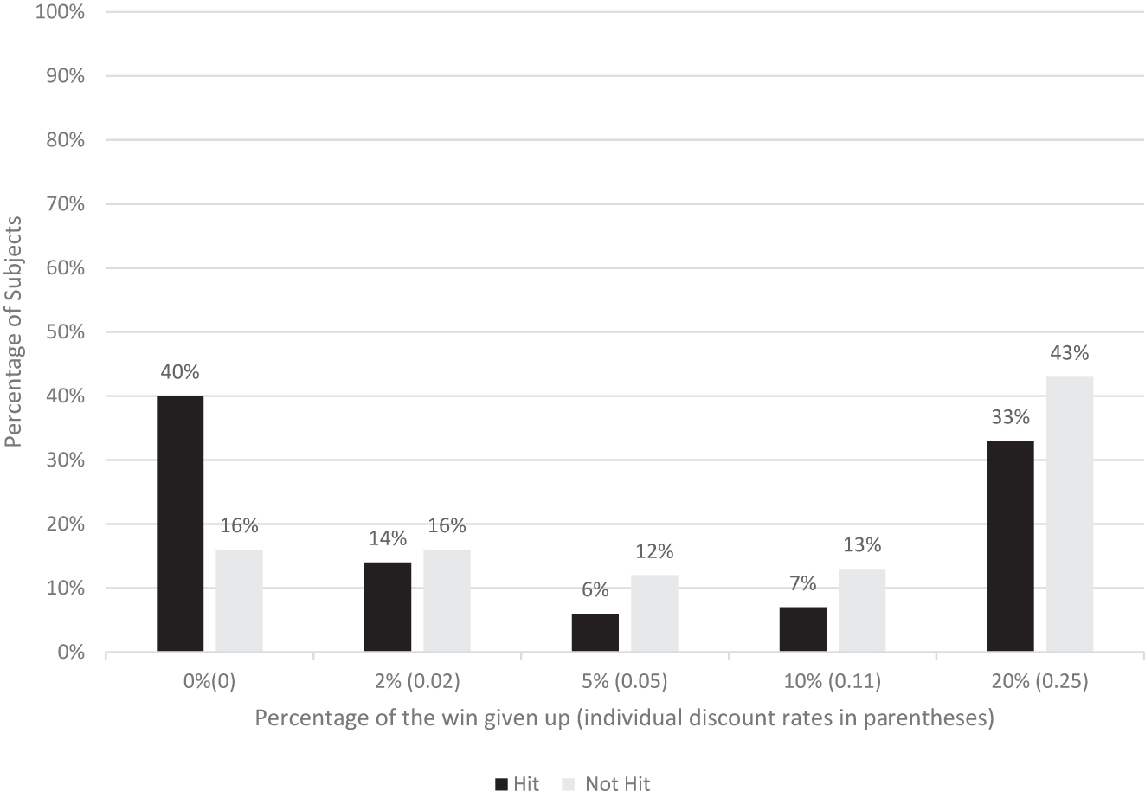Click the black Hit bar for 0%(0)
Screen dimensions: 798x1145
click(180, 524)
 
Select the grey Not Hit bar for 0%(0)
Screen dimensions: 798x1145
click(239, 601)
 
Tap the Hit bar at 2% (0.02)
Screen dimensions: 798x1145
click(388, 607)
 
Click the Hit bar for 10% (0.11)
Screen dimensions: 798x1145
click(803, 629)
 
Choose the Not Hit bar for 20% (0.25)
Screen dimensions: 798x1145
click(1070, 514)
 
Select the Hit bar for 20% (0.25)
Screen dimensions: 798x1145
click(1010, 546)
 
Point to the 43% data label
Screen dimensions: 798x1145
click(1070, 353)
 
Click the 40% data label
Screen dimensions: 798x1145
click(180, 372)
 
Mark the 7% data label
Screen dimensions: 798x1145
click(803, 583)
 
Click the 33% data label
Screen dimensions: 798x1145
click(1010, 417)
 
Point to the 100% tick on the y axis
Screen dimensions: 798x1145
click(60, 12)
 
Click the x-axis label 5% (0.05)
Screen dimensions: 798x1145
click(624, 681)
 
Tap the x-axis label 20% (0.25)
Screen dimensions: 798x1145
click(1039, 681)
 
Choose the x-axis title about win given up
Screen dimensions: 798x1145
click(623, 718)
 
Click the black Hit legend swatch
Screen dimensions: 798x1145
click(501, 785)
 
